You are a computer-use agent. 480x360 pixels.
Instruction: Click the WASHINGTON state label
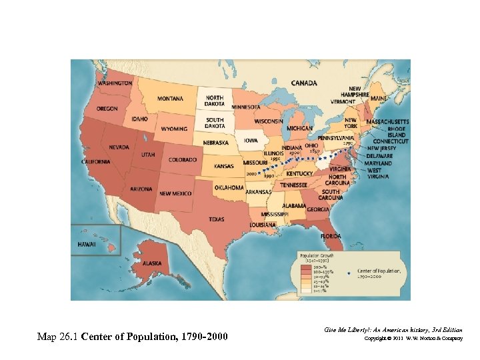coord(115,83)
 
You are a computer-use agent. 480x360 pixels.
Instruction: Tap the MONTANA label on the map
coord(171,99)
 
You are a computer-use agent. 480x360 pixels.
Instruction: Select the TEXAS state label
coord(216,219)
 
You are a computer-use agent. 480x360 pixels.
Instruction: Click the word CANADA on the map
coord(304,83)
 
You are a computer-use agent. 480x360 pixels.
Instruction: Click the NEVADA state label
coord(119,147)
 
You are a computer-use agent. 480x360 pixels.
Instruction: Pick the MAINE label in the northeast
coord(378,99)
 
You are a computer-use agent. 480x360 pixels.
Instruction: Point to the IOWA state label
coord(251,141)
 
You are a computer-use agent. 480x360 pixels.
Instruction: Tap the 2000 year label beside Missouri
coord(251,173)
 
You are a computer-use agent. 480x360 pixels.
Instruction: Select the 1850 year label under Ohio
coord(313,152)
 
